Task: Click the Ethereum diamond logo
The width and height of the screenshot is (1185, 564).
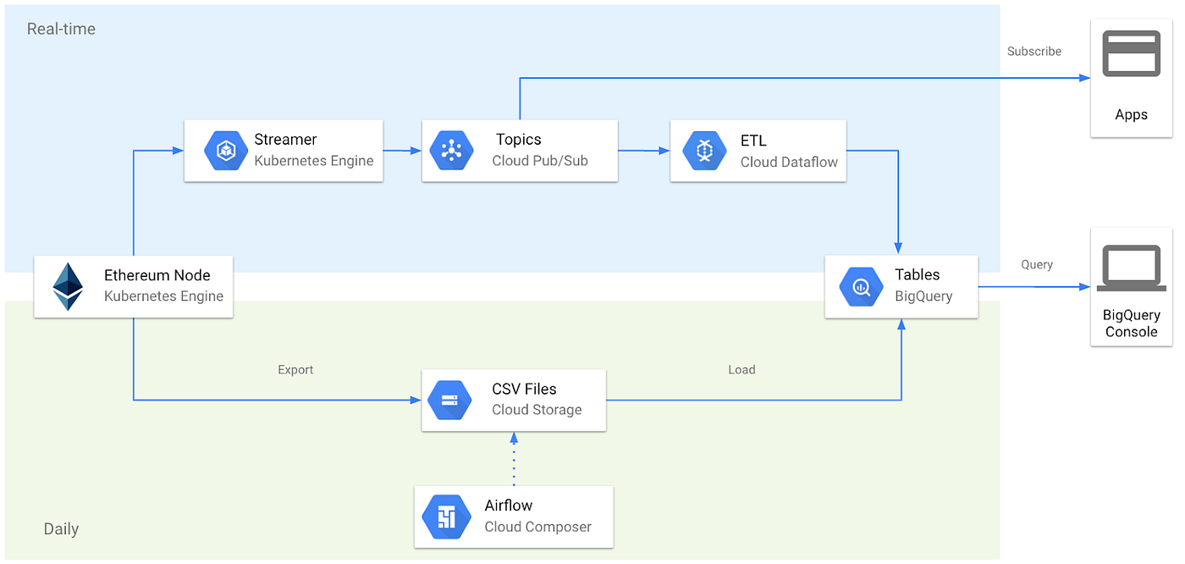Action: pos(68,286)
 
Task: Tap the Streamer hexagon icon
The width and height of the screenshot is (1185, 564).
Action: pos(226,151)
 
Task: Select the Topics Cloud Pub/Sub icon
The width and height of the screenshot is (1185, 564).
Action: pos(451,151)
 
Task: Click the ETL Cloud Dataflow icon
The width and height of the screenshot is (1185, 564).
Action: pos(705,151)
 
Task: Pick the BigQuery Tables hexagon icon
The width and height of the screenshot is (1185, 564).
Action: pos(861,286)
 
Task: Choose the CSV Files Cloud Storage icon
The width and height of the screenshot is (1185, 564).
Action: pos(449,400)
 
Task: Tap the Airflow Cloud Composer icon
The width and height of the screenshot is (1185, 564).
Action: pos(446,517)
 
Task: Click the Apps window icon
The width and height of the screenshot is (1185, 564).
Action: pos(1131,54)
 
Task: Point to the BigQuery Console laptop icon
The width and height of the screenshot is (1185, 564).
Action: pos(1131,269)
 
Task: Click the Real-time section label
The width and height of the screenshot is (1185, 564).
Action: pos(61,29)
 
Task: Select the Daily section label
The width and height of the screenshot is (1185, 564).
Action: pos(61,529)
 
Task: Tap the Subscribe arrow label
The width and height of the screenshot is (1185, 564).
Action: pos(1033,52)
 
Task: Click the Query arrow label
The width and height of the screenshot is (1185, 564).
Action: pos(1036,265)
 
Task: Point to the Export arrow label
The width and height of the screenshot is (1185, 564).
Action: pos(295,370)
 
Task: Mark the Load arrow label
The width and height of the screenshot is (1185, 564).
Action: pos(741,370)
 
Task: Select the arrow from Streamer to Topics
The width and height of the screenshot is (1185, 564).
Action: pos(402,151)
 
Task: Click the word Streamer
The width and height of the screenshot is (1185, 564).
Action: pos(285,140)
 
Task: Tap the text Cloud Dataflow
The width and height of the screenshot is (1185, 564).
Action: pos(789,162)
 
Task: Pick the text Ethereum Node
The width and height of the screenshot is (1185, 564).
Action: pos(157,275)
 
